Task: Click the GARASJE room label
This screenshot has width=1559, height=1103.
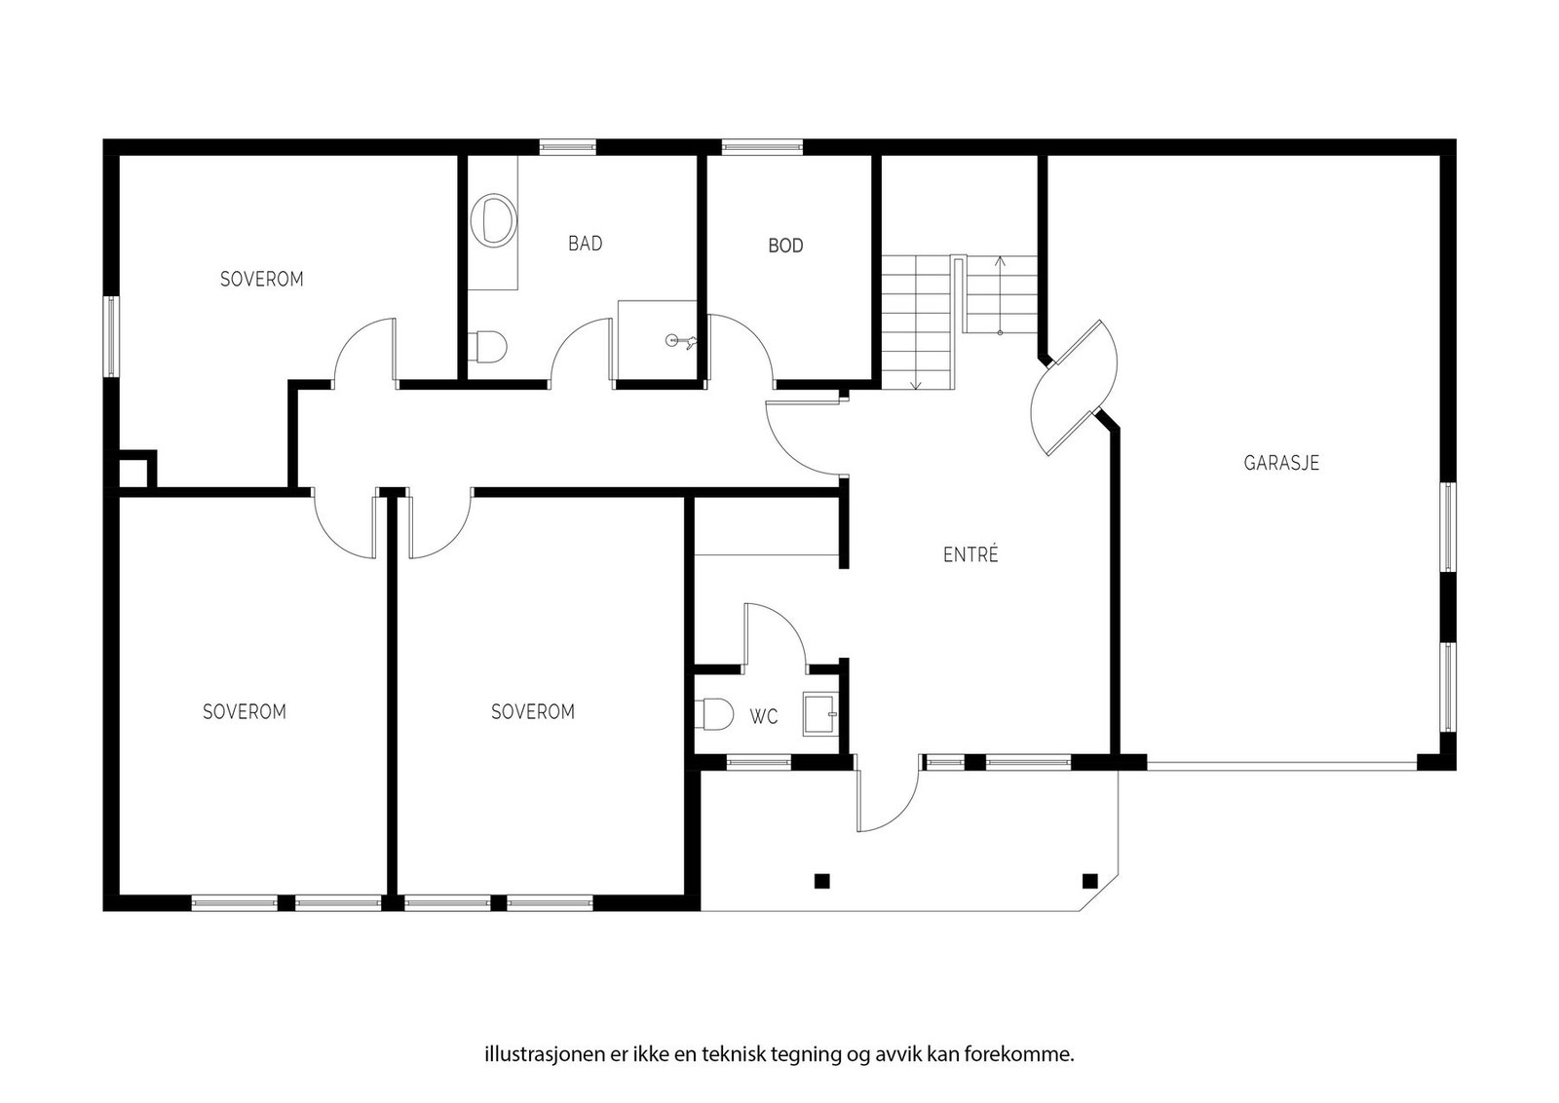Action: point(1281,463)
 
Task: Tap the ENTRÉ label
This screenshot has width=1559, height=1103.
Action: point(970,553)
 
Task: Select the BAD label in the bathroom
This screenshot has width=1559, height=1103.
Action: point(586,244)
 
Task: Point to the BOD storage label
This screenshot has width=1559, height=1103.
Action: point(785,246)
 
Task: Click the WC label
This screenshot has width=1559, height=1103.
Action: point(764,717)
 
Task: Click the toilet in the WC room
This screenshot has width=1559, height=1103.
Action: point(714,714)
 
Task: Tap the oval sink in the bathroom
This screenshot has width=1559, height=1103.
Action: point(494,220)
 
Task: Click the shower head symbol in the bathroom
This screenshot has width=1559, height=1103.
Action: point(681,341)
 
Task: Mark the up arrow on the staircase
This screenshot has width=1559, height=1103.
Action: point(1000,296)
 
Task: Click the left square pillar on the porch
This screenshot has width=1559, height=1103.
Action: point(822,882)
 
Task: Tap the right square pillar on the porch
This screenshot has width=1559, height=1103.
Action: point(1090,882)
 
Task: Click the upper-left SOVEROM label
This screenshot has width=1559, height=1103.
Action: point(262,279)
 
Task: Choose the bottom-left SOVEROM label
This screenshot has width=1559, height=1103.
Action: point(245,712)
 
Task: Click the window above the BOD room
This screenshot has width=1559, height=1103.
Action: point(762,147)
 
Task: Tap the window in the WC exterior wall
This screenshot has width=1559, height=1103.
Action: point(759,763)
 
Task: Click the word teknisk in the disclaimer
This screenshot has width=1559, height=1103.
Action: point(732,1054)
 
